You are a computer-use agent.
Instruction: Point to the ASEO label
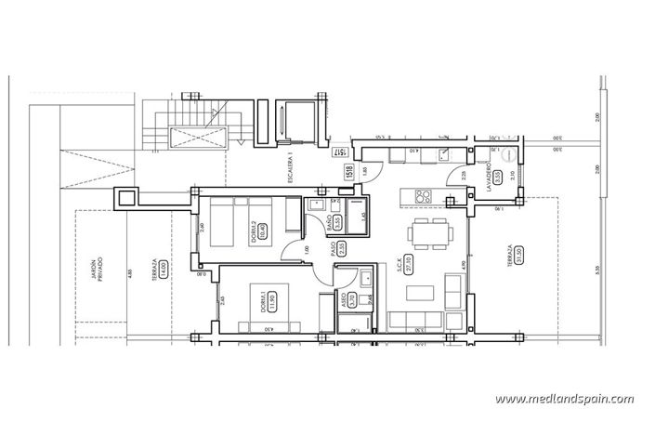coord(344,299)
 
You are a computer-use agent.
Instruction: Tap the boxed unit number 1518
coord(349,172)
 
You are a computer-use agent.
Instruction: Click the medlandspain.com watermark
coord(564,399)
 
